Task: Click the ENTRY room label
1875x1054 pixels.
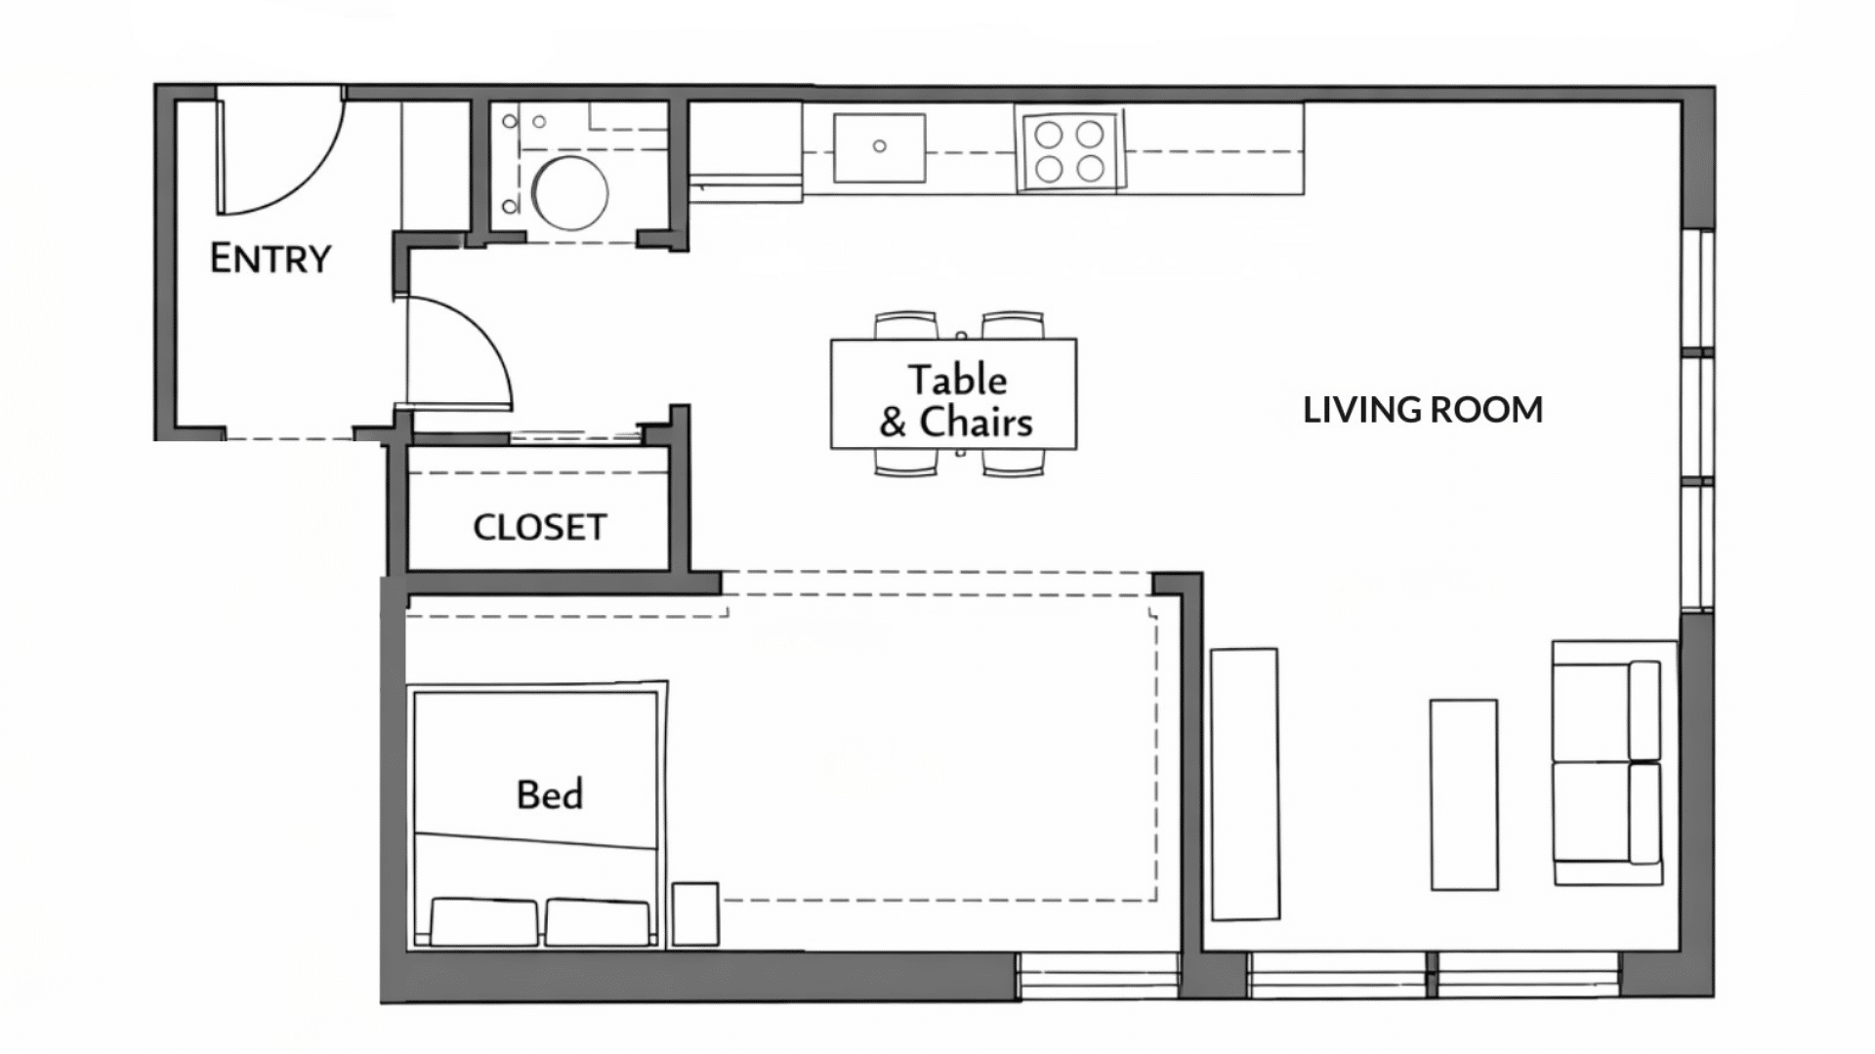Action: click(271, 259)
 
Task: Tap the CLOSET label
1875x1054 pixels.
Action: click(539, 528)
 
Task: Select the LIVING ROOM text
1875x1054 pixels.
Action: click(1423, 410)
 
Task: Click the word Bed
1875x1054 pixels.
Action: click(550, 794)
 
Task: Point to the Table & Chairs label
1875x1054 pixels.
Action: click(954, 401)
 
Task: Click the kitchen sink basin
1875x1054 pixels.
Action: click(879, 147)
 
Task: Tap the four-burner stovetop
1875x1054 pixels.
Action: click(1069, 149)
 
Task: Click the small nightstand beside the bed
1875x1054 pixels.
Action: click(695, 914)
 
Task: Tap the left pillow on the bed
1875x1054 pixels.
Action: click(483, 922)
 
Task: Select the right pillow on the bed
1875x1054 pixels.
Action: click(598, 922)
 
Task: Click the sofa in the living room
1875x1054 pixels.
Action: click(1606, 762)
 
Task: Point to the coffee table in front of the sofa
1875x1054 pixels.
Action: click(1463, 794)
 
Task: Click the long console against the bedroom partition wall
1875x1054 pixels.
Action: click(1244, 784)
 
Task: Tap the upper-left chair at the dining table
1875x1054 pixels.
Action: click(905, 326)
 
